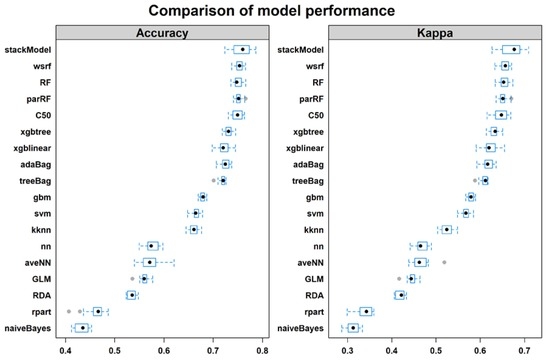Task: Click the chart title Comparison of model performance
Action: click(x=274, y=12)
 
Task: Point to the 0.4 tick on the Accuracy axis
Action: click(x=66, y=350)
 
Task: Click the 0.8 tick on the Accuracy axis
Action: click(x=261, y=350)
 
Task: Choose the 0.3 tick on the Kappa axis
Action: click(x=348, y=350)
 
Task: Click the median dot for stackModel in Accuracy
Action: click(x=242, y=49)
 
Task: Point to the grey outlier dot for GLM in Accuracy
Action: click(x=131, y=278)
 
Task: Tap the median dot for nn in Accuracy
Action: click(x=151, y=245)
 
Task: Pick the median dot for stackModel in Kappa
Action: click(x=514, y=49)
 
